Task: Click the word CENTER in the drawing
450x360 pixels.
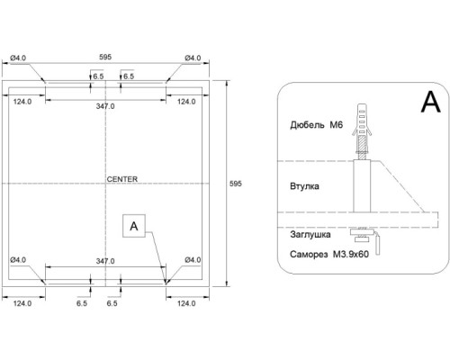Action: point(122,179)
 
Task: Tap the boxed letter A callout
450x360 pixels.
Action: point(134,226)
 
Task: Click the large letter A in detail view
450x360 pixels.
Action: point(431,102)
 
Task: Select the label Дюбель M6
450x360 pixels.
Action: point(316,124)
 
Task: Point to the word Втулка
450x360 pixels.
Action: point(304,186)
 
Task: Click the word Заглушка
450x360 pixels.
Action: point(310,234)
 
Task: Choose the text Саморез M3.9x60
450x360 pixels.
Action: point(329,255)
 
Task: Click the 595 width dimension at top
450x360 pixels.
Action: point(105,57)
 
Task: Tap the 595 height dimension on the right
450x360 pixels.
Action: point(236,184)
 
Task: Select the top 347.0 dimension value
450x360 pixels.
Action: point(105,106)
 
